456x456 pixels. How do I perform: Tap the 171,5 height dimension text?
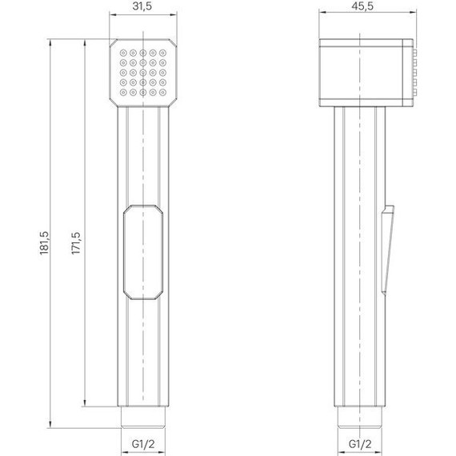(76, 242)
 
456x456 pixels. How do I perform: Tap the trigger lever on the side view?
(388, 248)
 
